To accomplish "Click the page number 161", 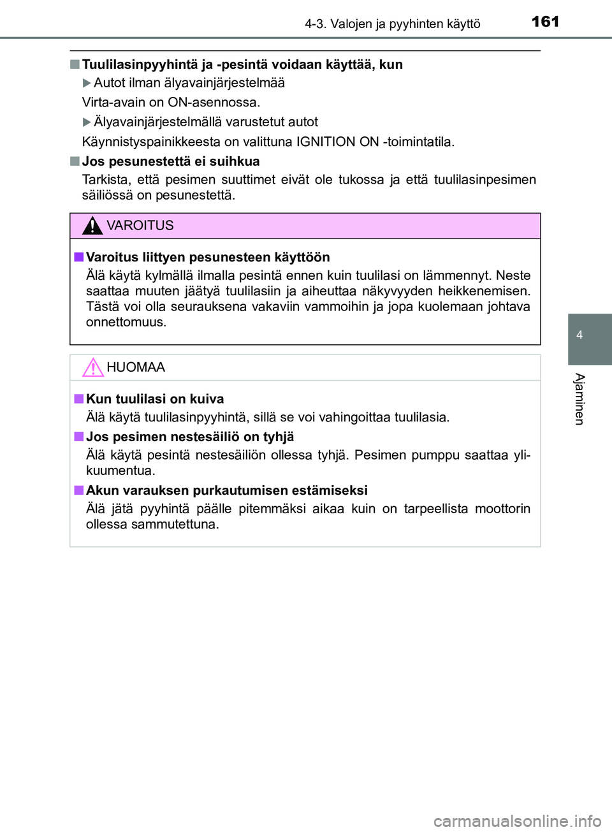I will pos(545,22).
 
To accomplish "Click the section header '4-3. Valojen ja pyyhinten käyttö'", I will pos(392,24).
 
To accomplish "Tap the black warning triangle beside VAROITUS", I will pos(92,226).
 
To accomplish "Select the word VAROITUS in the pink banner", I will pos(140,226).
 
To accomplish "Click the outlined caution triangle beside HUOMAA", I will pos(92,367).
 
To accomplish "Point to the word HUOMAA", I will pos(136,367).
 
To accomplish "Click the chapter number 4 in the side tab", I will pos(579,335).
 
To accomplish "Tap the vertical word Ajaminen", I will pos(579,399).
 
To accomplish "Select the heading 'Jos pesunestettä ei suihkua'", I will pos(171,161).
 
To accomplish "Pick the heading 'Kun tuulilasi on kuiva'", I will pos(155,399).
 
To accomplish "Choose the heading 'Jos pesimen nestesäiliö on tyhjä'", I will pos(190,437).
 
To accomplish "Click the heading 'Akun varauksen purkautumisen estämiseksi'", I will pos(226,490).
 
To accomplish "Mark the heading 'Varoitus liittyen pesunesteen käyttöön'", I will pos(208,257).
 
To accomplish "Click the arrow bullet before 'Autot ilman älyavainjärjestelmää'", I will pos(87,83).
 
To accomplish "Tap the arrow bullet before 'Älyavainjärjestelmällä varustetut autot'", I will pos(87,122).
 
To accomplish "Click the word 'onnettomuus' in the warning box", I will pos(126,322).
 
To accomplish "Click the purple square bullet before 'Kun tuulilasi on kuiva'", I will pos(78,399).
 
